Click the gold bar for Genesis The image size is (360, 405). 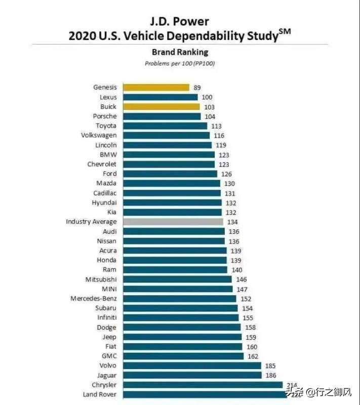click(156, 88)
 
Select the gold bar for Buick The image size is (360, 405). click(162, 107)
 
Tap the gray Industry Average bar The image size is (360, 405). click(173, 222)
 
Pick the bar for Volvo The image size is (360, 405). click(192, 366)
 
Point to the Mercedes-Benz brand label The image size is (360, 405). click(93, 299)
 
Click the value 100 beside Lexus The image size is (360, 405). click(207, 97)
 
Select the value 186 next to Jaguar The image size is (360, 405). click(271, 375)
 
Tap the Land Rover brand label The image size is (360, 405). click(100, 394)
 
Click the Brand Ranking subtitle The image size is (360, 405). click(180, 52)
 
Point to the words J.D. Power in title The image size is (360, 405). click(180, 22)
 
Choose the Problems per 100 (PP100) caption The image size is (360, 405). click(180, 63)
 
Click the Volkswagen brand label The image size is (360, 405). click(99, 135)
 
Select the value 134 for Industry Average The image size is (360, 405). click(233, 222)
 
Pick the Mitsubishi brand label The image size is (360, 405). click(101, 279)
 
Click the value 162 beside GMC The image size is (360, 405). click(252, 356)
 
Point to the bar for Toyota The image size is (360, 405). click(165, 126)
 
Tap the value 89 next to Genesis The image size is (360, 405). click(197, 88)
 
